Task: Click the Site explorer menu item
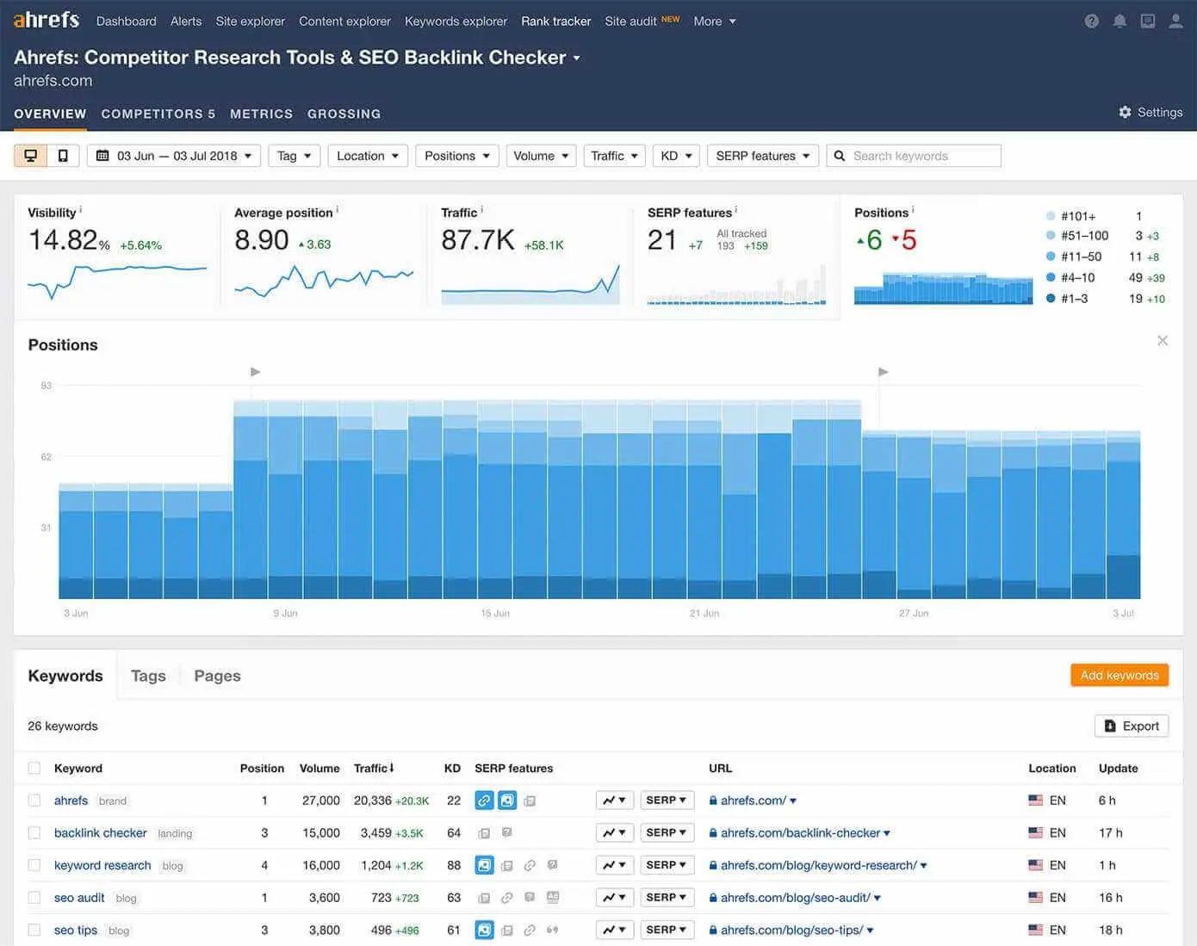250,22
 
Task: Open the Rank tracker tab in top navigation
555,22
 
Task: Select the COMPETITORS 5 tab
158,114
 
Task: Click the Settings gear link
1150,113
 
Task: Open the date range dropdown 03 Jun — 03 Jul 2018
174,156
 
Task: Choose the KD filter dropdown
676,156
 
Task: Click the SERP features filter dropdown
762,156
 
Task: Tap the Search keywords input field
921,156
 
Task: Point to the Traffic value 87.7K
478,241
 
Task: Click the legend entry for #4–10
1077,278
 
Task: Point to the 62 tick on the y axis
47,457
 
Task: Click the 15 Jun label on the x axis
495,614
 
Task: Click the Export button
1132,727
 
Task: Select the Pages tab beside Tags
217,677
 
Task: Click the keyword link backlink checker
100,833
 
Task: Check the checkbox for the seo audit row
34,898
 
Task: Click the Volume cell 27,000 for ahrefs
320,801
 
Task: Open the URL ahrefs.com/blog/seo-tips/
791,931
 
